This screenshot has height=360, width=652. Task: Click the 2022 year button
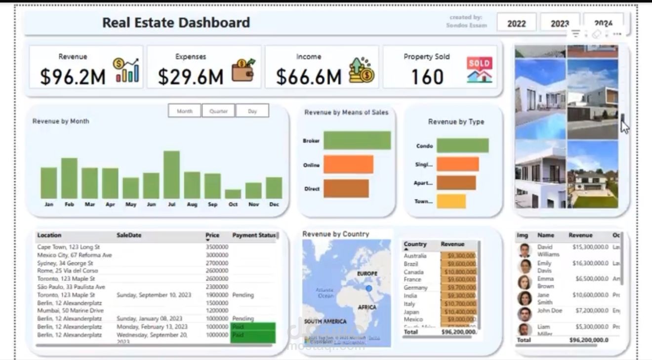pos(516,23)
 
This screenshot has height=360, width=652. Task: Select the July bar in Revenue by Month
pos(171,175)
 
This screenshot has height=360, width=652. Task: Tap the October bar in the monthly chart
pos(233,194)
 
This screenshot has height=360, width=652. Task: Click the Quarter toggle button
pos(218,111)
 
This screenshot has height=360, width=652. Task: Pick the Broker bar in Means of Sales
pos(357,140)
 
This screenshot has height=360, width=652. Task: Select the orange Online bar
pos(348,164)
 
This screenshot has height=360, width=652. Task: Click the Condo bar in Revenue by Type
pos(462,146)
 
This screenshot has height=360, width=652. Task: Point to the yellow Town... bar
pos(451,201)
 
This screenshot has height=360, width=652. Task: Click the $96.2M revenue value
pos(73,77)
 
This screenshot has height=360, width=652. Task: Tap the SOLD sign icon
pos(479,70)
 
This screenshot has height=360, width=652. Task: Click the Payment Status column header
pos(254,235)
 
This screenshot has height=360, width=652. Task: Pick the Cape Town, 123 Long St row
pos(69,247)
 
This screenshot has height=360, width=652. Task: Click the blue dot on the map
pos(368,288)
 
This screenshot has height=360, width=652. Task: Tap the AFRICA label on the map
pos(367,307)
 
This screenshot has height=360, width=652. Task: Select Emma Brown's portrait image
pos(524,282)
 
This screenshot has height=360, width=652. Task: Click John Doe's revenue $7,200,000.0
pos(590,311)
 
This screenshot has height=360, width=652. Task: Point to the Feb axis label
pos(69,204)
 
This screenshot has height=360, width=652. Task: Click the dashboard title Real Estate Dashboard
pos(176,22)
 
